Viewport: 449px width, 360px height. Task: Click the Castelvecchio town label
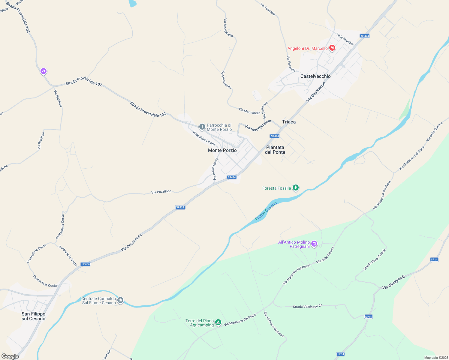click(x=315, y=76)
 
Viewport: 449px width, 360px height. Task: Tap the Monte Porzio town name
click(x=222, y=150)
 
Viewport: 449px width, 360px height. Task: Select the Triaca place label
click(x=289, y=122)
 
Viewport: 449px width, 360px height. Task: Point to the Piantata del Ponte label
click(x=275, y=150)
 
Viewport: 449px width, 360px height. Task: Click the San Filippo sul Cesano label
click(x=33, y=316)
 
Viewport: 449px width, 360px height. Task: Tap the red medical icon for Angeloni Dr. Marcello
click(x=332, y=48)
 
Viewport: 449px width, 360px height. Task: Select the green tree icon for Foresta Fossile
click(x=296, y=188)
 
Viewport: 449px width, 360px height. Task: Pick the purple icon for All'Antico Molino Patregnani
click(x=314, y=244)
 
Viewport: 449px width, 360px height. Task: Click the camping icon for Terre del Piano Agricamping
click(x=218, y=322)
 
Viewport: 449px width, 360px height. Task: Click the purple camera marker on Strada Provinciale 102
click(x=44, y=71)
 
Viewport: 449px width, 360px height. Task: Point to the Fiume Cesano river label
click(x=266, y=211)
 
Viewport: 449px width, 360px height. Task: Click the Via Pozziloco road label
click(x=161, y=192)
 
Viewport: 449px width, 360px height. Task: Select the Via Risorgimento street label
click(x=258, y=125)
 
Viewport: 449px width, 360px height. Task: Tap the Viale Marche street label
click(x=345, y=39)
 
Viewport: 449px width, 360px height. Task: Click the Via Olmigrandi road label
click(x=393, y=282)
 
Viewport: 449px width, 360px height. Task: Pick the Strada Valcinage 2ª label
click(x=307, y=306)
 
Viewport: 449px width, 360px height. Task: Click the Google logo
click(x=10, y=356)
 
